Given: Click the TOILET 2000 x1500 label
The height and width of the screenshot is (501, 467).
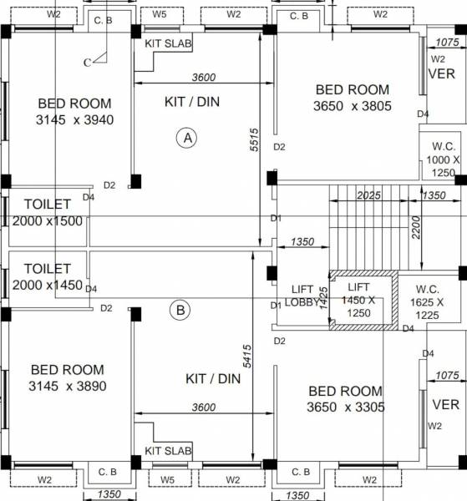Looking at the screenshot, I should [x=48, y=212].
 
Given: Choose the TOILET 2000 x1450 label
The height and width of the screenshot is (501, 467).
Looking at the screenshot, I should [x=48, y=277].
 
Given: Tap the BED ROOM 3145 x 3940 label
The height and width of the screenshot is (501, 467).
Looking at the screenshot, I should [x=74, y=111].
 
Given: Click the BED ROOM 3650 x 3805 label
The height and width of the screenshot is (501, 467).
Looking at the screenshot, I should [x=352, y=98].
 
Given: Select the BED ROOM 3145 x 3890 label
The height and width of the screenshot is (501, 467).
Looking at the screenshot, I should [x=68, y=377].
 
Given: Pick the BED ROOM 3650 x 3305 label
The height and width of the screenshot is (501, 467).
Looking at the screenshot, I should [x=345, y=398].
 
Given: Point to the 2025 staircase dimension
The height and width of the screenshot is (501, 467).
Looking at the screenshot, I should [x=368, y=195].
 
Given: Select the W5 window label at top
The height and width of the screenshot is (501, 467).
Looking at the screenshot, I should [x=160, y=14].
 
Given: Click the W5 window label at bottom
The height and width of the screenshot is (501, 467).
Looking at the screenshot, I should [x=168, y=479].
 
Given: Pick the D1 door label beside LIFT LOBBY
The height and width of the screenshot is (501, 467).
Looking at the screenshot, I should [x=276, y=306].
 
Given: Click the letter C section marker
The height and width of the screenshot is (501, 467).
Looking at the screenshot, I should [x=88, y=62].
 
